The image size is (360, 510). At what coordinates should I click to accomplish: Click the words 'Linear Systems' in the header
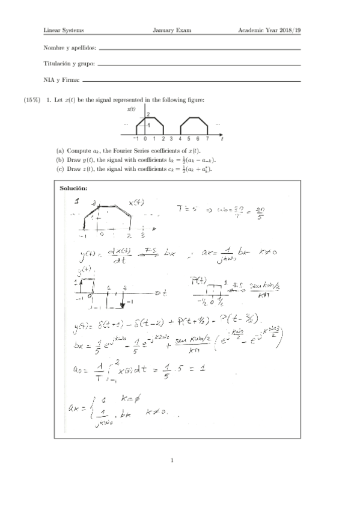pos(64,30)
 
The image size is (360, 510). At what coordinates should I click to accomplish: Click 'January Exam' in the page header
pos(172,30)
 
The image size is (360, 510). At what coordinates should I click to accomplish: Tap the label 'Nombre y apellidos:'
pos(70,48)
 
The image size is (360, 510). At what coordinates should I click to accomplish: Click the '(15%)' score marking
pos(32,99)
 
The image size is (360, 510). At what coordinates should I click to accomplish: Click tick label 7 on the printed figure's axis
pos(208,138)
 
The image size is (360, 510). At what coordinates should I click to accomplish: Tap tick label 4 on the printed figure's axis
pos(180,138)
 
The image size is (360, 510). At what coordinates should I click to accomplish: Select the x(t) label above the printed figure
pos(131,109)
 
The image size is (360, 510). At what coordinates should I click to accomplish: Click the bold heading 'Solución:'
pos(74,189)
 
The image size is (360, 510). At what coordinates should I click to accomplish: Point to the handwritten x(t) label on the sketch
pos(136,202)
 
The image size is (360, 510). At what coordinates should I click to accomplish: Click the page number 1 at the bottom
pos(172,461)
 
